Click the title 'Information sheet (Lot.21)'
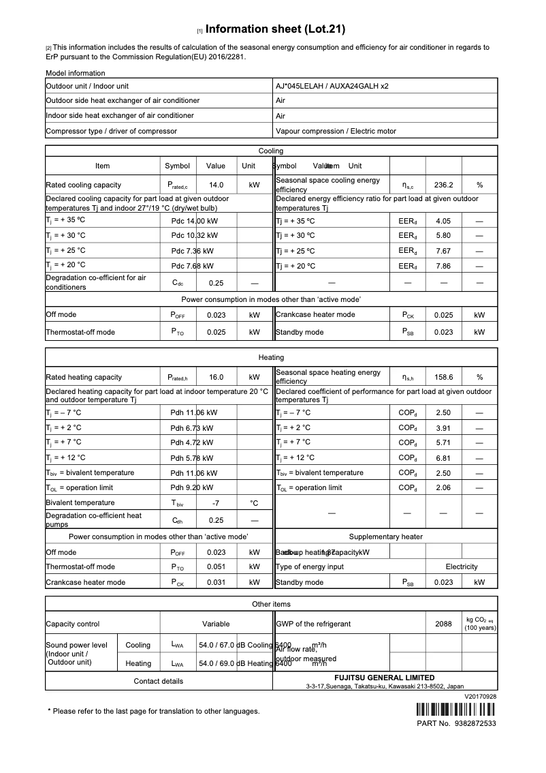tap(275, 29)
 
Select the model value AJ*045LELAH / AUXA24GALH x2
tap(332, 87)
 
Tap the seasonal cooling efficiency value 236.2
tap(443, 185)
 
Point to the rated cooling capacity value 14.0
tap(216, 185)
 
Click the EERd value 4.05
tap(443, 221)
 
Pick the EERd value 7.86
tap(443, 266)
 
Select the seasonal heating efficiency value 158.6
tap(443, 377)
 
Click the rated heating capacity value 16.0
tap(216, 377)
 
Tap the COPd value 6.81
tap(443, 458)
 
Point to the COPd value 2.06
tap(443, 488)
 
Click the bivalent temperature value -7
tap(216, 503)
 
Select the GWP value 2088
tap(443, 624)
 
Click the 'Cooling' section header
tap(271, 151)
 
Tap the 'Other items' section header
tap(271, 604)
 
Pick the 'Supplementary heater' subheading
tap(385, 537)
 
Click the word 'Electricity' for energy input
tap(462, 566)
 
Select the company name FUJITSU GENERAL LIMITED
tap(385, 678)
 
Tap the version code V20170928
tap(481, 697)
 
